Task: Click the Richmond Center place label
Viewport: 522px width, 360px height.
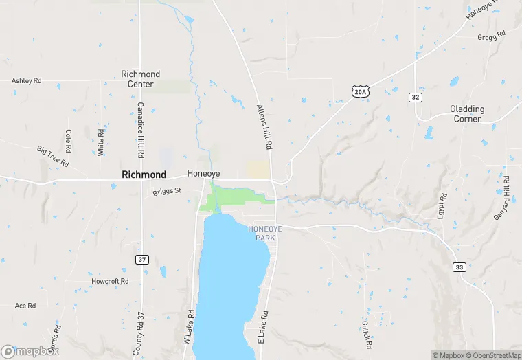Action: (140, 79)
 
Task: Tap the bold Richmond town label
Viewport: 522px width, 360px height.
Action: (144, 175)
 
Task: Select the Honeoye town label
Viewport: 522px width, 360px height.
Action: (203, 175)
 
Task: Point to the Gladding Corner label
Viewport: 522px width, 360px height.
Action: (467, 114)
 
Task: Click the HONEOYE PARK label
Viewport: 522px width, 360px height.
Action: (261, 233)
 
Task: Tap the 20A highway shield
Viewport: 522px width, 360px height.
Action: (360, 91)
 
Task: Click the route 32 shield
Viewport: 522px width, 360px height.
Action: (416, 98)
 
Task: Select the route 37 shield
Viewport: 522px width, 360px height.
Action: (141, 259)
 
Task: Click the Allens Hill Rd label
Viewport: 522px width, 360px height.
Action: (264, 128)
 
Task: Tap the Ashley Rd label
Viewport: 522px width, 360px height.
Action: (27, 81)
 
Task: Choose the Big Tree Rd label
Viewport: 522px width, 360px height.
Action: (54, 157)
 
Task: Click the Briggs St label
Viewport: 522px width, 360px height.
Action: (166, 191)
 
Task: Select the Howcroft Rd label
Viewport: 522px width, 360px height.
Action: (110, 282)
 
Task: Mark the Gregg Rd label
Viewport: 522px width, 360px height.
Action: (492, 34)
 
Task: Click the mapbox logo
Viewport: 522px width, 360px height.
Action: (30, 351)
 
